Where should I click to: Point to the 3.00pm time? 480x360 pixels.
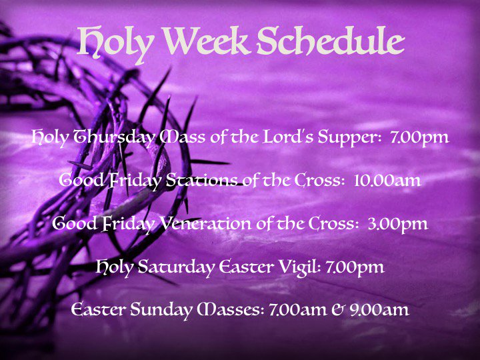[x=397, y=223]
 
